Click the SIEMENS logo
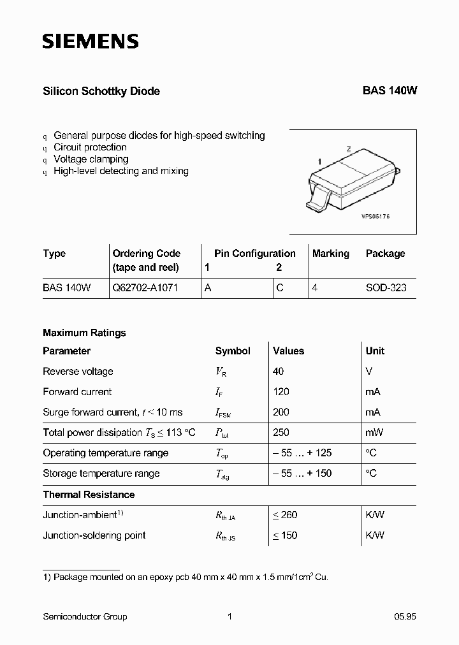tap(90, 42)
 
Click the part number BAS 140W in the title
tap(390, 91)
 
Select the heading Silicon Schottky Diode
tap(101, 91)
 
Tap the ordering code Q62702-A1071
tap(145, 288)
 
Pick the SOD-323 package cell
tap(386, 288)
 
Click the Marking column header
tap(330, 254)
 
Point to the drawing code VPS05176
tap(375, 217)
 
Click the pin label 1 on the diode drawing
tap(319, 162)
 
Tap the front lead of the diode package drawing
tap(316, 203)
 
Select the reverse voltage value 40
tap(278, 372)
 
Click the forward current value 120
tap(280, 392)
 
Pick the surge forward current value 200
tap(280, 412)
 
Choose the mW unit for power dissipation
tap(374, 433)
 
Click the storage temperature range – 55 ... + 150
tap(302, 474)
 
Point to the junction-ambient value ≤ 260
tap(285, 515)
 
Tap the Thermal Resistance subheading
tap(89, 495)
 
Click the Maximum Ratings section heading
tap(84, 333)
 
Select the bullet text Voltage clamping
tap(91, 159)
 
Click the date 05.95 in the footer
tap(405, 616)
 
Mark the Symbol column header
tap(233, 351)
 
